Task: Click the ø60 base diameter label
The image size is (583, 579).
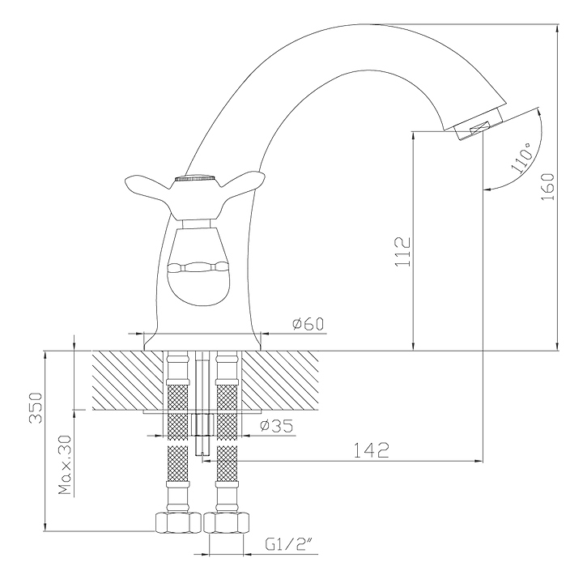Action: point(307,325)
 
